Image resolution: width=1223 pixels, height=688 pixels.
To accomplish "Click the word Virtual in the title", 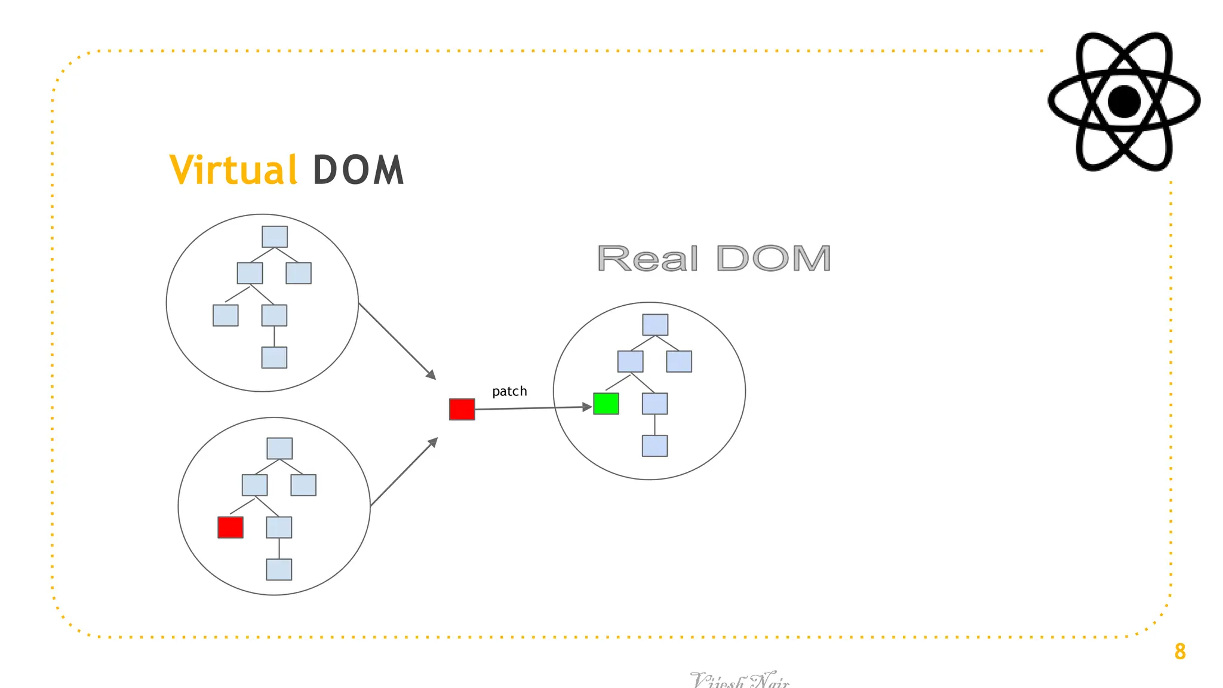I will pyautogui.click(x=233, y=170).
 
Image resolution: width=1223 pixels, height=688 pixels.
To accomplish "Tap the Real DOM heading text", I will pyautogui.click(x=714, y=259).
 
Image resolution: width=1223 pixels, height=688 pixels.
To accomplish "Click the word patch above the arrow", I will pyautogui.click(x=509, y=391).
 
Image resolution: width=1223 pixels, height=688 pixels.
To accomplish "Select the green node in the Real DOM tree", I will pyautogui.click(x=606, y=404).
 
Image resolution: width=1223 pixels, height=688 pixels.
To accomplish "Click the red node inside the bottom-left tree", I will pyautogui.click(x=231, y=527).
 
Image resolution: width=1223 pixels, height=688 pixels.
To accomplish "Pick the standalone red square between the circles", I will pyautogui.click(x=462, y=410).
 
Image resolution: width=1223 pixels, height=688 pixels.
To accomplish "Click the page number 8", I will pyautogui.click(x=1180, y=652).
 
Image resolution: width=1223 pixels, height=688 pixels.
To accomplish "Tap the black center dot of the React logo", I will pyautogui.click(x=1124, y=102).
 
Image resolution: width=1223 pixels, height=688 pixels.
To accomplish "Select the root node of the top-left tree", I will pyautogui.click(x=275, y=236).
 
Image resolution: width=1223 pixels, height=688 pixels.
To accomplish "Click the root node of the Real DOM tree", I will pyautogui.click(x=655, y=325).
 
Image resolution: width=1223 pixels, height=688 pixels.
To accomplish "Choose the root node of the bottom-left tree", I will pyautogui.click(x=279, y=449).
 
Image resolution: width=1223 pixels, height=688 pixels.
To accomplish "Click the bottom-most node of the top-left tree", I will pyautogui.click(x=274, y=358).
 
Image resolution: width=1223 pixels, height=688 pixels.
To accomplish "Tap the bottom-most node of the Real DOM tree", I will pyautogui.click(x=654, y=446).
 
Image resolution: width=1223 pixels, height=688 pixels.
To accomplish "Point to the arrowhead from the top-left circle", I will pyautogui.click(x=432, y=375).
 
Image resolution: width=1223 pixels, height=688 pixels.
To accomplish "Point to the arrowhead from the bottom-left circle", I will pyautogui.click(x=434, y=442).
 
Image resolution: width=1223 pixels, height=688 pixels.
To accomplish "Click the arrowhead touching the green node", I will pyautogui.click(x=588, y=407).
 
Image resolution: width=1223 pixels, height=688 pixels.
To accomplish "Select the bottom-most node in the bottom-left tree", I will pyautogui.click(x=279, y=570).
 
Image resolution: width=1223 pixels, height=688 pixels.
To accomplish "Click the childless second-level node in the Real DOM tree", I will pyautogui.click(x=679, y=361).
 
